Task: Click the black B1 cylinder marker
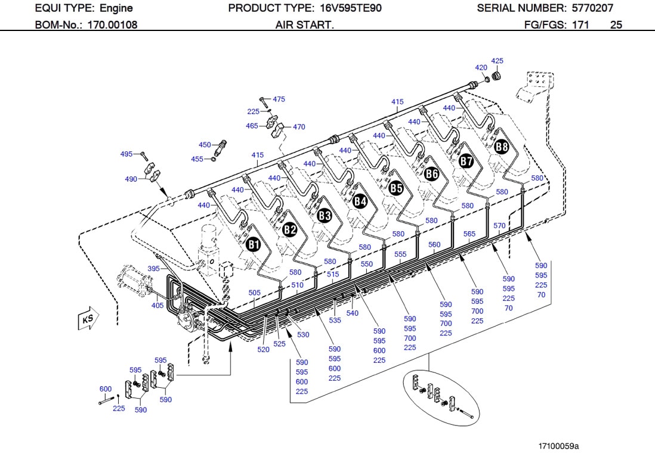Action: pos(254,244)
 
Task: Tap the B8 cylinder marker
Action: pos(502,146)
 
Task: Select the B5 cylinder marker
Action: pos(396,188)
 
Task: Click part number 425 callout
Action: pos(497,61)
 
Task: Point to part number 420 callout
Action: pos(481,67)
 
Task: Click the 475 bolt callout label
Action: pos(279,99)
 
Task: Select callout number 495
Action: pos(126,154)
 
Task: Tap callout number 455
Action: pos(197,159)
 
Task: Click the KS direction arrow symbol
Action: pos(87,320)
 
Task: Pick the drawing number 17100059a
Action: pos(558,446)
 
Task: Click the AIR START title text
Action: pos(304,25)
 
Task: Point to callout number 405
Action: pos(157,306)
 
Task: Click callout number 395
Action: pos(154,269)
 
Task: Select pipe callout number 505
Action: pos(255,293)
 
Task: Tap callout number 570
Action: pos(499,226)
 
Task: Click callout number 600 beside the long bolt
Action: pos(105,389)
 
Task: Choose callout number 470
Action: pos(299,127)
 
